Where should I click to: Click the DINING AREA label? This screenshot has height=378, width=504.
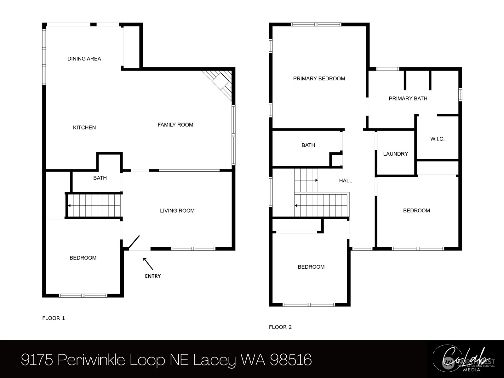(x=84, y=59)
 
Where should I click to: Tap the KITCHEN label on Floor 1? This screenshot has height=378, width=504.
(x=84, y=127)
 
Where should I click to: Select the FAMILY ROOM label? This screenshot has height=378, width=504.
(x=175, y=125)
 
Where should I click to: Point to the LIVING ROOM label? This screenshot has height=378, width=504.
(x=177, y=211)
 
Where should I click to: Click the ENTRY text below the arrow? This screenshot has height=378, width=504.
(x=153, y=276)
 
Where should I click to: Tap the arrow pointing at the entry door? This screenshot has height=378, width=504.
(x=148, y=264)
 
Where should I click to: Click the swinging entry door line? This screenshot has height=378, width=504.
(x=134, y=242)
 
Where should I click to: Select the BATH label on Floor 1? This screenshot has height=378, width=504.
(x=100, y=178)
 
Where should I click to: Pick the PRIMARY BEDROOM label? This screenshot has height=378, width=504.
(x=319, y=78)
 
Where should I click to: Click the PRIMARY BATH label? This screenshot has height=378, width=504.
(x=408, y=99)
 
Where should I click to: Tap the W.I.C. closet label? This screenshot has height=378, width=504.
(x=437, y=139)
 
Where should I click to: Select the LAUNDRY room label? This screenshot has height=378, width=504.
(x=395, y=154)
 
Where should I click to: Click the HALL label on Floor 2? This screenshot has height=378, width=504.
(x=345, y=180)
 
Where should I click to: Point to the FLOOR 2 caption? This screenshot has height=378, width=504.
(x=280, y=327)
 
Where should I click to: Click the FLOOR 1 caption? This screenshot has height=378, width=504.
(x=54, y=318)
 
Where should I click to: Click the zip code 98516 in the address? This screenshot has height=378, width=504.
(x=290, y=359)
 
